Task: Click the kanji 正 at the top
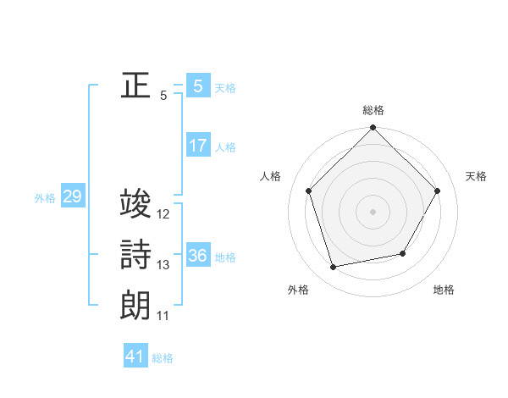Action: [135, 86]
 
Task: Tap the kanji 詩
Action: [135, 255]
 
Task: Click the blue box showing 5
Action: [197, 86]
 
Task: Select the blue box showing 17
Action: [197, 145]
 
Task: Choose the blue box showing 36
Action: [197, 256]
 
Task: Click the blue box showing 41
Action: [135, 357]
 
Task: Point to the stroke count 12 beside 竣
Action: [163, 214]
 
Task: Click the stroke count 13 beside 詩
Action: [163, 265]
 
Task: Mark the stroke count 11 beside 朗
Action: [163, 316]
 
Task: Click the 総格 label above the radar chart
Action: [373, 110]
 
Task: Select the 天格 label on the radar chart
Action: [476, 176]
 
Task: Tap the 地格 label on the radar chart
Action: [444, 290]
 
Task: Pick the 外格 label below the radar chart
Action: [298, 290]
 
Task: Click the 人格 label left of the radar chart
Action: [271, 176]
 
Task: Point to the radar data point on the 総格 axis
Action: [373, 129]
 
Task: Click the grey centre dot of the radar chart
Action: [373, 211]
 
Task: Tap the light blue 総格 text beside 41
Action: [163, 358]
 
